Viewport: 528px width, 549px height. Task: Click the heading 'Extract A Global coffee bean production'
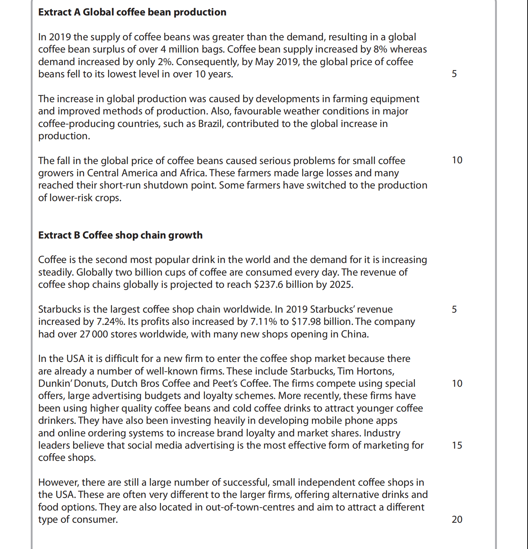point(132,12)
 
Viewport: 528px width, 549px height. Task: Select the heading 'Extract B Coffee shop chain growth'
point(120,235)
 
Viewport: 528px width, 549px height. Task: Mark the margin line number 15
point(457,445)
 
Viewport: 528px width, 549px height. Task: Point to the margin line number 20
point(457,519)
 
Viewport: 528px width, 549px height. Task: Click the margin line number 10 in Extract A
point(457,160)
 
